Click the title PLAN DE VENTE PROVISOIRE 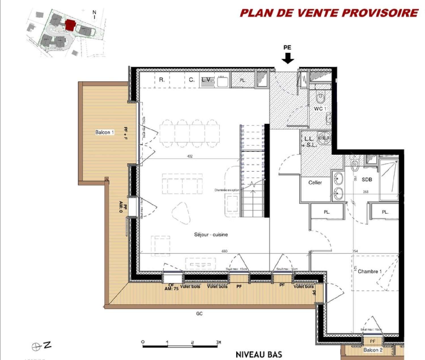click(329, 13)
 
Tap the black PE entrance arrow click(288, 59)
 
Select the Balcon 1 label click(104, 132)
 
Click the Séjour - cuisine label click(211, 235)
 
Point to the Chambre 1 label click(369, 271)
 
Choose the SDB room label click(367, 180)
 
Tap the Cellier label click(315, 183)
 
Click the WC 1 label click(320, 109)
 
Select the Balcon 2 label click(373, 350)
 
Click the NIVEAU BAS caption click(259, 354)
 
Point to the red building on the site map click(70, 25)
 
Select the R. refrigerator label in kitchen click(162, 80)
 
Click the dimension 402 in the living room click(190, 156)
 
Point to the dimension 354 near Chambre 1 click(355, 251)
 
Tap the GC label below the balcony click(199, 314)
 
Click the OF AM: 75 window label click(171, 287)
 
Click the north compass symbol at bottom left click(36, 347)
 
